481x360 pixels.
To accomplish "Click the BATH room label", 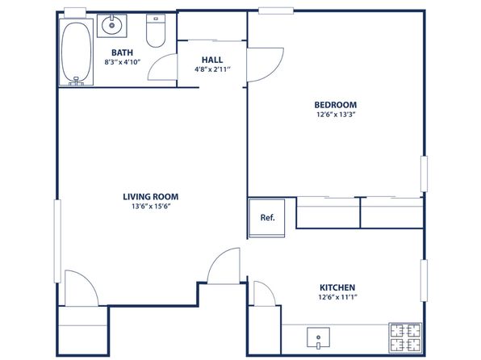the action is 122,52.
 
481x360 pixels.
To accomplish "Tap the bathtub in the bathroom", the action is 76,52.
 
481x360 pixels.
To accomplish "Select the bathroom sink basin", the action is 112,26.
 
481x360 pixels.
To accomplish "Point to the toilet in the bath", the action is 156,31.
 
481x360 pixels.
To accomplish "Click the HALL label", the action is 212,60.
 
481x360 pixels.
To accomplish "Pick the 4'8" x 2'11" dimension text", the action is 212,69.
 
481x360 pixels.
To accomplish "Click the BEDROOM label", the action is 336,105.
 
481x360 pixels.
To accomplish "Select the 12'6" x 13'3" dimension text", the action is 336,115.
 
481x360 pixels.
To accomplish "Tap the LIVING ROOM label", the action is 151,197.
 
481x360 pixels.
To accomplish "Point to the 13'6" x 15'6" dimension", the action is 151,207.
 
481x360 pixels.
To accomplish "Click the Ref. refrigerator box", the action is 267,218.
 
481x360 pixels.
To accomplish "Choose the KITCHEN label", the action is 337,287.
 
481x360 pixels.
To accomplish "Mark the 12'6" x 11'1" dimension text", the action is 337,297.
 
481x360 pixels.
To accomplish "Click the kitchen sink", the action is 319,337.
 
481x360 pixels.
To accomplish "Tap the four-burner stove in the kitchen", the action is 405,338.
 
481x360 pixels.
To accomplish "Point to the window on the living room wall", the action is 57,241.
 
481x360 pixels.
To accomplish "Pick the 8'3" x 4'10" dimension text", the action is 123,62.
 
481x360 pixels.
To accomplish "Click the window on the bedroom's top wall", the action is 276,10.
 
